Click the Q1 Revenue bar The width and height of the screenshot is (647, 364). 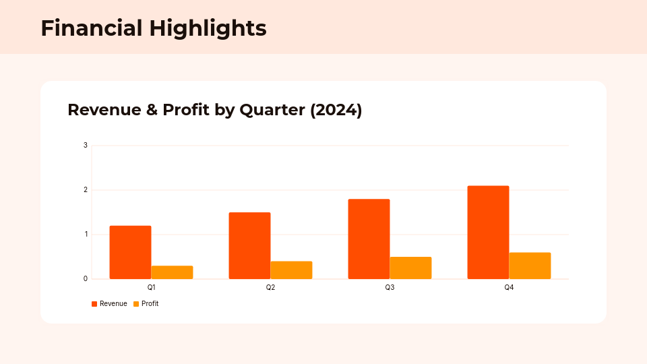click(x=130, y=252)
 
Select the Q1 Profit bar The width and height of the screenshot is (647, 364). click(x=172, y=272)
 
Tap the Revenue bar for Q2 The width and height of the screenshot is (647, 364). click(x=249, y=245)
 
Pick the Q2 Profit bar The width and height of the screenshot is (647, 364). click(x=291, y=270)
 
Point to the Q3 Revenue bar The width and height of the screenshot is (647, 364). click(x=369, y=239)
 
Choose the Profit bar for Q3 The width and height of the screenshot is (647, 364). click(x=410, y=268)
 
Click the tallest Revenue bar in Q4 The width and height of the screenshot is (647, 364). click(x=488, y=232)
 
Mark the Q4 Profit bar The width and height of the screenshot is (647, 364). click(x=530, y=266)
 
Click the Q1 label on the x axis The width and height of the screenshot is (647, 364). click(x=151, y=287)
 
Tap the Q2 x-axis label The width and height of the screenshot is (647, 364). click(x=270, y=287)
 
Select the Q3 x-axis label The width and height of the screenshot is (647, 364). click(x=390, y=287)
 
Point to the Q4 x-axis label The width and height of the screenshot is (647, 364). click(x=509, y=287)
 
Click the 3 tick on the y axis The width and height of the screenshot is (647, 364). click(x=86, y=145)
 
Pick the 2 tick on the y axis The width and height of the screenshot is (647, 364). click(x=86, y=189)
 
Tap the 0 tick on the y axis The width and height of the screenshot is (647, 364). click(x=86, y=278)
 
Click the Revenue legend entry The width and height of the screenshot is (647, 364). click(x=110, y=304)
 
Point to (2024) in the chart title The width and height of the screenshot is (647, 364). click(x=336, y=110)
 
